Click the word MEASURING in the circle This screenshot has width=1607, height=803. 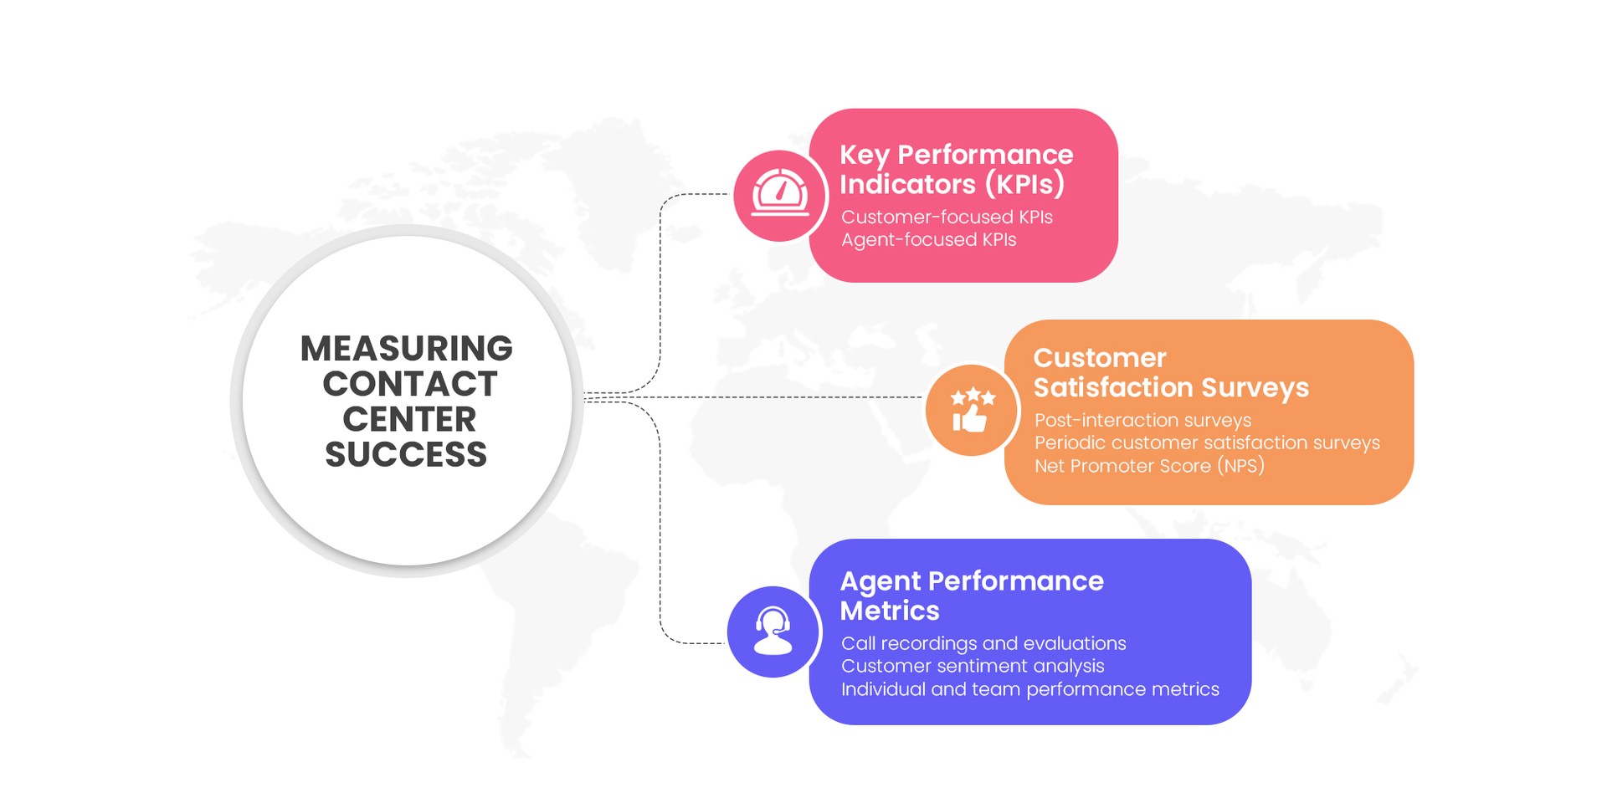pyautogui.click(x=407, y=349)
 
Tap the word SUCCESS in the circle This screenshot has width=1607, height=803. pyautogui.click(x=406, y=455)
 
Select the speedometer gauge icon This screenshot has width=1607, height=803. pyautogui.click(x=780, y=195)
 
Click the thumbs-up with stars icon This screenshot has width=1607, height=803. pyautogui.click(x=971, y=410)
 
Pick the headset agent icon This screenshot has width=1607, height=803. pyautogui.click(x=773, y=631)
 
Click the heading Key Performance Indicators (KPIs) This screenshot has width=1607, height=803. pyautogui.click(x=956, y=169)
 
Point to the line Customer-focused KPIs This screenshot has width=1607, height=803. pyautogui.click(x=947, y=217)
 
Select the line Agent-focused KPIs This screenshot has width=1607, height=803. pyautogui.click(x=928, y=240)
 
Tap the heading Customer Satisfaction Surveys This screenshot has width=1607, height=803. pyautogui.click(x=1170, y=373)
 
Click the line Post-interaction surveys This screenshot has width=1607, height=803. pyautogui.click(x=1142, y=420)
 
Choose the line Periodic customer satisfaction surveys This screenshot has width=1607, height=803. pyautogui.click(x=1207, y=442)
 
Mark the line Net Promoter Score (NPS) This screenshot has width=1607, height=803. pyautogui.click(x=1149, y=466)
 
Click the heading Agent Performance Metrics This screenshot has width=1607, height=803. pyautogui.click(x=971, y=596)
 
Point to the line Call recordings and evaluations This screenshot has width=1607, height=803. pyautogui.click(x=983, y=643)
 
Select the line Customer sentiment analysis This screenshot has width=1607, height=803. pyautogui.click(x=973, y=666)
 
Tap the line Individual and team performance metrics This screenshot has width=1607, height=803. pyautogui.click(x=1029, y=689)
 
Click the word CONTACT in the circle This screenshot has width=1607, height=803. pyautogui.click(x=410, y=384)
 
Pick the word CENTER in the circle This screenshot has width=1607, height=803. pyautogui.click(x=409, y=419)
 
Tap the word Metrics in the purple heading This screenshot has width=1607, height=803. pyautogui.click(x=890, y=611)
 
